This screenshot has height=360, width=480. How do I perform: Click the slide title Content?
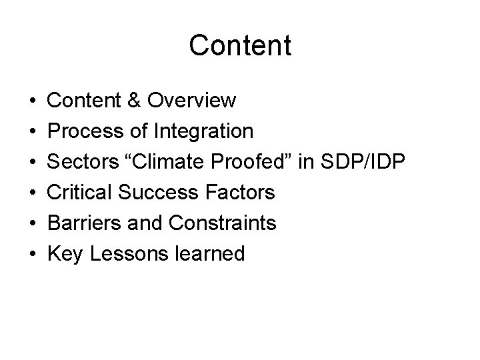pyautogui.click(x=240, y=45)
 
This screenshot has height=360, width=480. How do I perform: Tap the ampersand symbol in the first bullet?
pyautogui.click(x=134, y=100)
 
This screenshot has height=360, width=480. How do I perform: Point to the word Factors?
pyautogui.click(x=242, y=192)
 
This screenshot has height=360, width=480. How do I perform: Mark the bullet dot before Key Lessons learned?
pyautogui.click(x=33, y=254)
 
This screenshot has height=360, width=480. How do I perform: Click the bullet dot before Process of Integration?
pyautogui.click(x=33, y=131)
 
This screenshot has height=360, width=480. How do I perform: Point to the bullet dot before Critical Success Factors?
pyautogui.click(x=33, y=193)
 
